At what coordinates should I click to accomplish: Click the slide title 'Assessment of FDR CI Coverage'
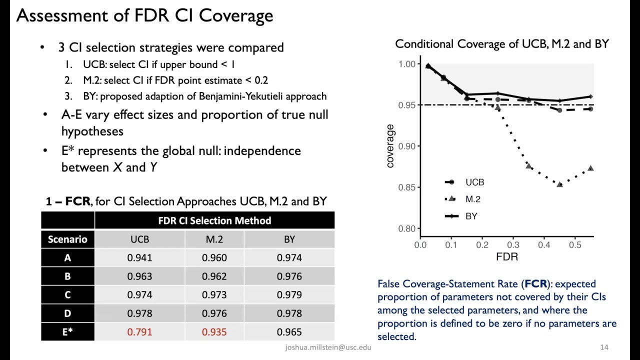point(144,15)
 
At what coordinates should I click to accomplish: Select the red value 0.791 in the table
point(139,332)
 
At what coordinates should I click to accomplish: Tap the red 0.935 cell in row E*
point(214,332)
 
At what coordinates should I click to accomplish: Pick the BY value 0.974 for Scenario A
point(289,258)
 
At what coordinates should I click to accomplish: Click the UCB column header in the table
point(139,239)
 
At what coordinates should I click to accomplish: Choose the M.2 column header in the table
point(214,239)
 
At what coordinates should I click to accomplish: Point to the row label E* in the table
point(67,332)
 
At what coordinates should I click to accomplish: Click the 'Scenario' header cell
point(67,239)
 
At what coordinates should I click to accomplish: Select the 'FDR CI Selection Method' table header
point(214,221)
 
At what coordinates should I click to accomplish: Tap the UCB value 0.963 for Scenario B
point(139,276)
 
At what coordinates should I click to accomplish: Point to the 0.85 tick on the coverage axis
point(406,187)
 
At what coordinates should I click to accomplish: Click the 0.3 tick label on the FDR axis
point(513,245)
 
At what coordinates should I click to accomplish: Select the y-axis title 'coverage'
point(390,146)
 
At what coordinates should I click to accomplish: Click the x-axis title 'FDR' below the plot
point(507,257)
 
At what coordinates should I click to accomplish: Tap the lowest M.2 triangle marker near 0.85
point(559,184)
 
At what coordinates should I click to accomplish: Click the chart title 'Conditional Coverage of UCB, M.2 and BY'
point(502,44)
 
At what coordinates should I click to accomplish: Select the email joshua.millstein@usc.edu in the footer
point(328,347)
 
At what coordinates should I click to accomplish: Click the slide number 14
point(604,347)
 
